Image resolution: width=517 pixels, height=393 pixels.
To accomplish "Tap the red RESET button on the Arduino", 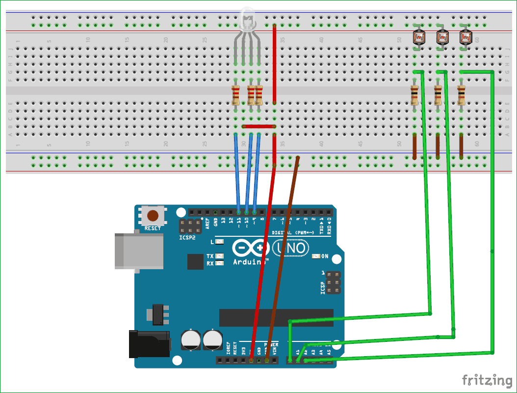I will click(x=153, y=216).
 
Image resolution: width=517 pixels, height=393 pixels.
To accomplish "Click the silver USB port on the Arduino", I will click(x=139, y=251).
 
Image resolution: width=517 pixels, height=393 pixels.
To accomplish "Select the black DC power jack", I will click(x=149, y=344).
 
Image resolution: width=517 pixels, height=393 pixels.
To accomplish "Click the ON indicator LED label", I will click(x=325, y=256).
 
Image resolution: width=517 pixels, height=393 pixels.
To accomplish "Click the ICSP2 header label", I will click(x=187, y=237).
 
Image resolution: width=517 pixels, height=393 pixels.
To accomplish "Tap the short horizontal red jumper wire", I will click(x=259, y=126).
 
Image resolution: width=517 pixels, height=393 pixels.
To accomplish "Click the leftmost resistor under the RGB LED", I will click(x=236, y=95).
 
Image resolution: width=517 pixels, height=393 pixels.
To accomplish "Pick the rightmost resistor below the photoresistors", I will click(x=461, y=95).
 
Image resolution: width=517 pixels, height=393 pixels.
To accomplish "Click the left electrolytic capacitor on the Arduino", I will click(x=190, y=340).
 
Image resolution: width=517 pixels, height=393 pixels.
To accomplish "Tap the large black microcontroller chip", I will click(x=276, y=318).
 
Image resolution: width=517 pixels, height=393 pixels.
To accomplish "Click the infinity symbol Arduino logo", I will click(x=250, y=248).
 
